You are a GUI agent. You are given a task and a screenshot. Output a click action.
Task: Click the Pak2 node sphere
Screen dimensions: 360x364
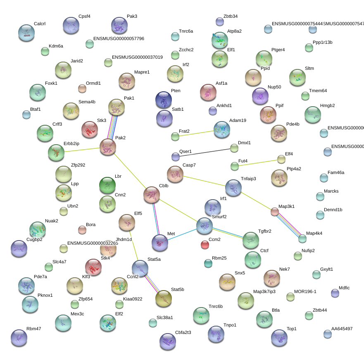[x=108, y=147]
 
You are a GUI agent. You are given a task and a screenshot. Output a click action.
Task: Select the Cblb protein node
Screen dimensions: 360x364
[x=152, y=194]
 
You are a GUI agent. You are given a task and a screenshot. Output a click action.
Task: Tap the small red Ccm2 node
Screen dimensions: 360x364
[x=205, y=245]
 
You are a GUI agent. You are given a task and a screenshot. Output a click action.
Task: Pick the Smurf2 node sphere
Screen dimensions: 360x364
[x=205, y=226]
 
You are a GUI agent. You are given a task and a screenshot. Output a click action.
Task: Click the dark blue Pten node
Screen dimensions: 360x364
[x=163, y=100]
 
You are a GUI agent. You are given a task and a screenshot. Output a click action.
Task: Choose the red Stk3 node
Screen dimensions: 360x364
[x=90, y=129]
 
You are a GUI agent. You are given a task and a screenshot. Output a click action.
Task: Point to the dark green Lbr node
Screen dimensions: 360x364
[x=107, y=185]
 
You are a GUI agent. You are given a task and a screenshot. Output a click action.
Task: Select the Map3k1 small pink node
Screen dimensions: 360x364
[x=275, y=212]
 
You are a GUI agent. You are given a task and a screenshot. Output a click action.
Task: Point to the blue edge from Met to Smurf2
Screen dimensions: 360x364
[x=182, y=234]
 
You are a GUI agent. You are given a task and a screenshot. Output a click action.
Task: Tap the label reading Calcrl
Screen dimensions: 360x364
[x=40, y=24]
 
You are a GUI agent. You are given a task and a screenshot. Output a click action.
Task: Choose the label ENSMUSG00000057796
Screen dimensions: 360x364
[x=119, y=39]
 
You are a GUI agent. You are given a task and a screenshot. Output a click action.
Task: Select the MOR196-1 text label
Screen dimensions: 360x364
[x=305, y=291]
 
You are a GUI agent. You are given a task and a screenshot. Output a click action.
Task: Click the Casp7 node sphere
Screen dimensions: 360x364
[x=175, y=174]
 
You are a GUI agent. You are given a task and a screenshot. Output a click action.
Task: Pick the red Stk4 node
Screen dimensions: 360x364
[x=93, y=267]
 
